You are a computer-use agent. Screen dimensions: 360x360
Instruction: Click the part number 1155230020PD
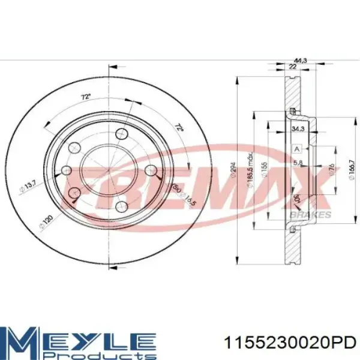(x=289, y=343)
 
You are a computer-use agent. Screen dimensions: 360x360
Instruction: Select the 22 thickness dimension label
(x=292, y=68)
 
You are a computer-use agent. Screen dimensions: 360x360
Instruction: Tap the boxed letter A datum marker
(x=296, y=149)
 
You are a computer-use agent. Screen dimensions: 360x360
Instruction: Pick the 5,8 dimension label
(x=298, y=163)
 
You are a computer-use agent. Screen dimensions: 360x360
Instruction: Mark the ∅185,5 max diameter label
(x=249, y=174)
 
